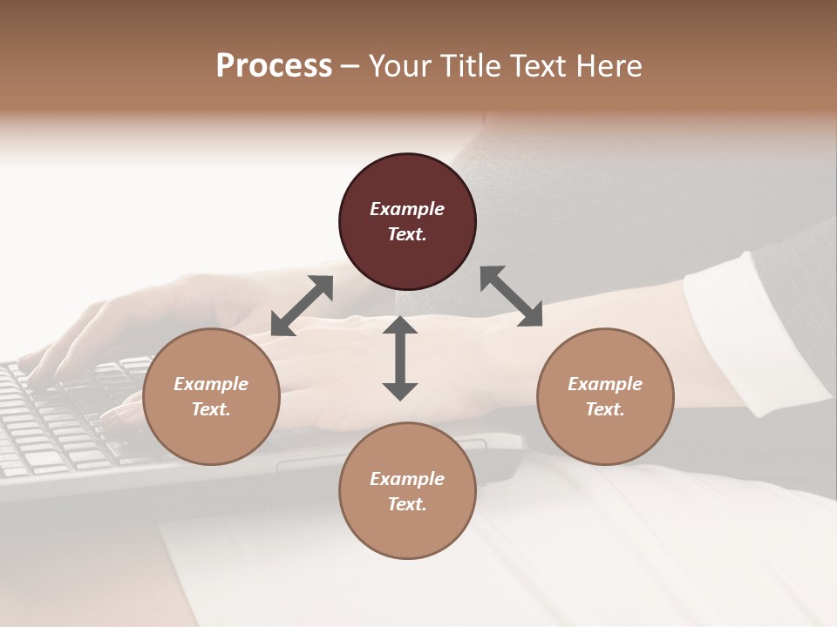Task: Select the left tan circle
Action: click(x=211, y=396)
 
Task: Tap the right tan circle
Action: click(x=605, y=396)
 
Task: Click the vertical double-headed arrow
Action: click(x=400, y=358)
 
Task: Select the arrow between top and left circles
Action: click(x=302, y=306)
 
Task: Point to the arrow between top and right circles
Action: click(x=511, y=296)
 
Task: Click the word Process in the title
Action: click(x=274, y=65)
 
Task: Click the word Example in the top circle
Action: click(x=407, y=209)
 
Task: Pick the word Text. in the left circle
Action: click(x=211, y=409)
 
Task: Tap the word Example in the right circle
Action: click(x=605, y=384)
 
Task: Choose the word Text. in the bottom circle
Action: click(x=407, y=504)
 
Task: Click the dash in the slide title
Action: click(x=350, y=66)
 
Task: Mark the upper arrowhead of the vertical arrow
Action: click(x=400, y=326)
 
